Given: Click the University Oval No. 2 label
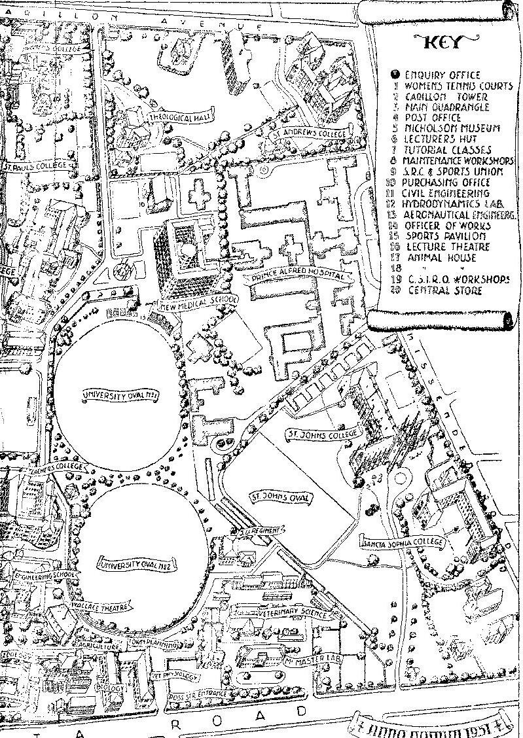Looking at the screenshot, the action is (x=138, y=564).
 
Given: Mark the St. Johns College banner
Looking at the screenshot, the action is (x=323, y=434).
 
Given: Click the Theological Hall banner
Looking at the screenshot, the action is (x=178, y=118).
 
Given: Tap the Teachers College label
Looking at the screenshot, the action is (x=58, y=468).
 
